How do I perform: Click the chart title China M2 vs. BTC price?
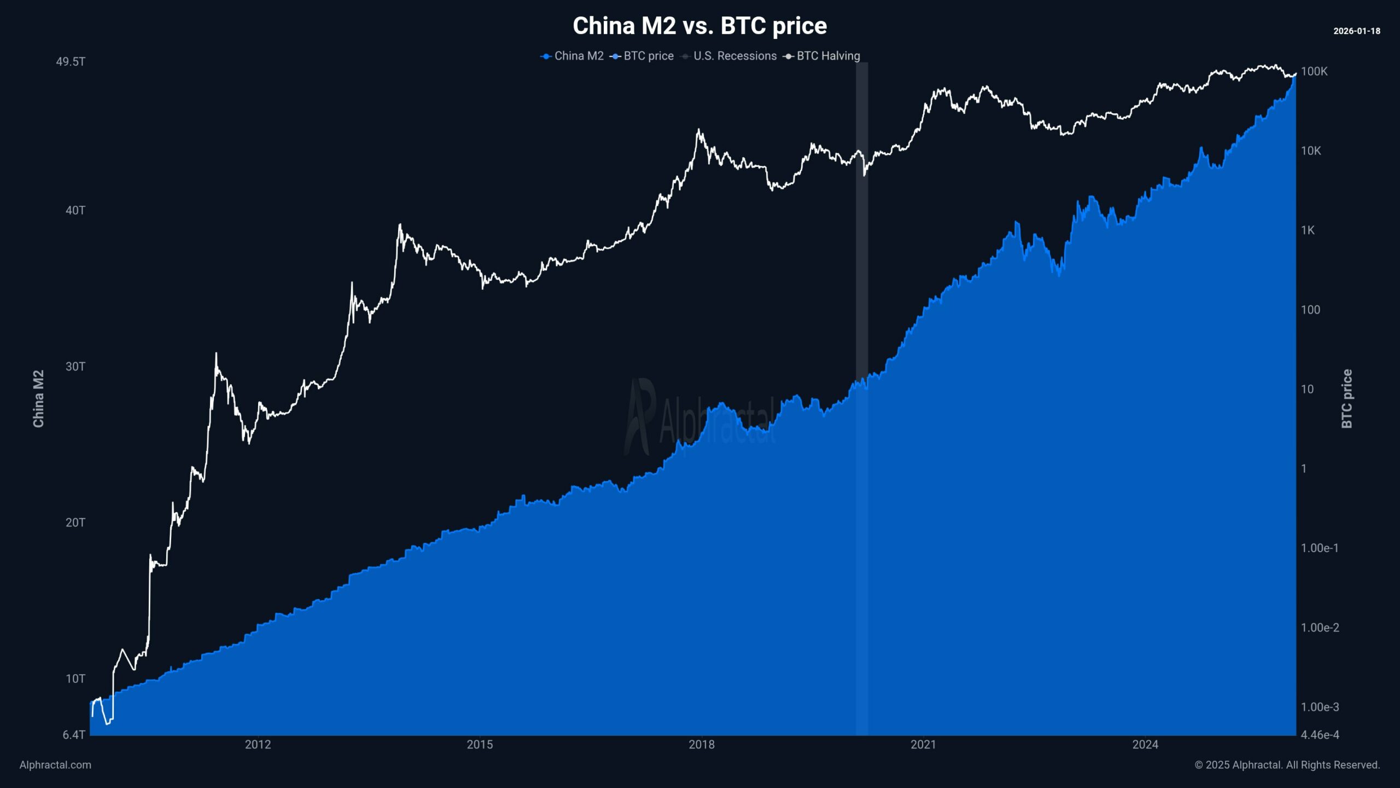pyautogui.click(x=699, y=26)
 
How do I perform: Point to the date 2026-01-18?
pyautogui.click(x=1356, y=31)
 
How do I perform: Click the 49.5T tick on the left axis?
pyautogui.click(x=71, y=61)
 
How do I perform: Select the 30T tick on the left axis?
pyautogui.click(x=75, y=367)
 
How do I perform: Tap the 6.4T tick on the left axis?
pyautogui.click(x=74, y=735)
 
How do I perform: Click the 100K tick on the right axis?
pyautogui.click(x=1314, y=72)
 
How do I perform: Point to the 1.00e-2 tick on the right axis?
pyautogui.click(x=1320, y=628)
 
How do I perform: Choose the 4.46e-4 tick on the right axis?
pyautogui.click(x=1320, y=735)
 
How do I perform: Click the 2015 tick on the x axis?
pyautogui.click(x=480, y=745)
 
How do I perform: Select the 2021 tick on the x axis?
pyautogui.click(x=923, y=745)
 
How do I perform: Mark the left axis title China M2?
pyautogui.click(x=38, y=398)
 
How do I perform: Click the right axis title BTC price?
pyautogui.click(x=1346, y=398)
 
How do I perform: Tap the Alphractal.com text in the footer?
pyautogui.click(x=55, y=765)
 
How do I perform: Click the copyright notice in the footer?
pyautogui.click(x=1287, y=765)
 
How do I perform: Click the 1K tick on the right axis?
pyautogui.click(x=1308, y=230)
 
